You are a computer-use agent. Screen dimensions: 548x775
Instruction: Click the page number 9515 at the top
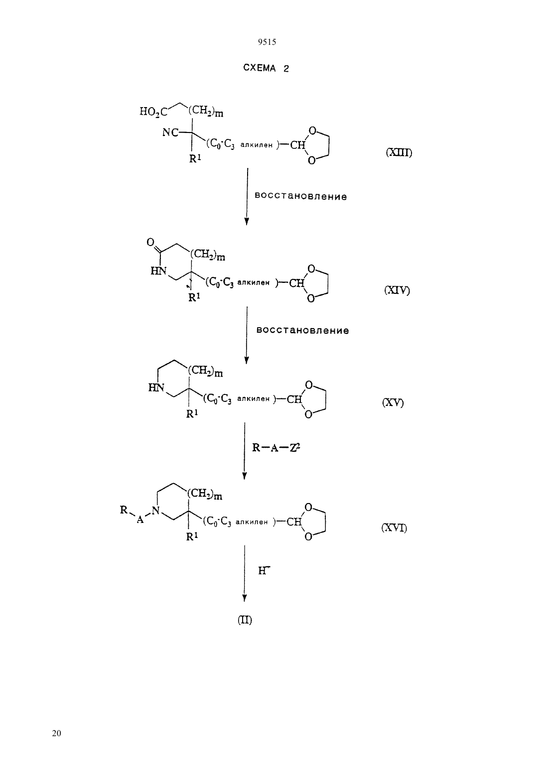[267, 42]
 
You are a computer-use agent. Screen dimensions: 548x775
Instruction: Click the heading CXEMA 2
[266, 68]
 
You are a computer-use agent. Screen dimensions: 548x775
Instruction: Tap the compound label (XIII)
[399, 152]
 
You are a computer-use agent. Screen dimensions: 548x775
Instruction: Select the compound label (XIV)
[397, 290]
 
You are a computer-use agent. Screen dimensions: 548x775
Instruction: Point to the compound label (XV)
[393, 402]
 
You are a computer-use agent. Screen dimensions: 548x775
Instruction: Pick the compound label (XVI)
[394, 528]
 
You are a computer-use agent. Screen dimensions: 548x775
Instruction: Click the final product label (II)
[245, 620]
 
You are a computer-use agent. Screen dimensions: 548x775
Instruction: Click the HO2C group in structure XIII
[153, 112]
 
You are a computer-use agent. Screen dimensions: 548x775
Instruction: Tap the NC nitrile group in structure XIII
[170, 132]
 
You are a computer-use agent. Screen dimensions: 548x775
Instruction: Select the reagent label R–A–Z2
[275, 448]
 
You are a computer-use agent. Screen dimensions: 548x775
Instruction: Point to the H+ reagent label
[264, 570]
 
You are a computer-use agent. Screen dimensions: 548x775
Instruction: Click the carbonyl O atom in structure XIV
[150, 242]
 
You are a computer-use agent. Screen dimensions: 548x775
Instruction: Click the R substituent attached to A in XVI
[124, 510]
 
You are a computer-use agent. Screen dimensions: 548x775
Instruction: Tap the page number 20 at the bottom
[56, 733]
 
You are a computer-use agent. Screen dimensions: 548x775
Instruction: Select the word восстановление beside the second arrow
[303, 330]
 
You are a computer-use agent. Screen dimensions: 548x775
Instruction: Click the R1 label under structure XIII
[195, 159]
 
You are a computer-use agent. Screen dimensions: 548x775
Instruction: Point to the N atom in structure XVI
[156, 511]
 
